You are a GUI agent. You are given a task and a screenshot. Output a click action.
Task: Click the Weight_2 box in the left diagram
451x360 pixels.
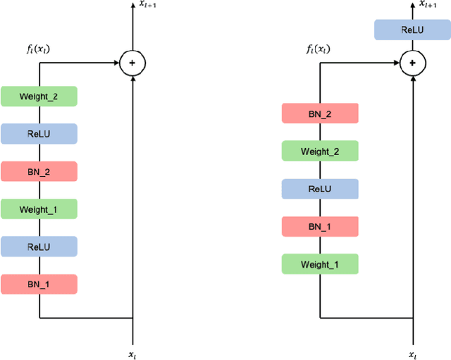39,96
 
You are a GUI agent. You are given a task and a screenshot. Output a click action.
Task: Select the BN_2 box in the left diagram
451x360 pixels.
39,171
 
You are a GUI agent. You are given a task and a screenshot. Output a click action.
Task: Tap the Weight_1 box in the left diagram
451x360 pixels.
39,209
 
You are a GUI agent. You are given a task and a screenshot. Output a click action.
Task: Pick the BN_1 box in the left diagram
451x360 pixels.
39,284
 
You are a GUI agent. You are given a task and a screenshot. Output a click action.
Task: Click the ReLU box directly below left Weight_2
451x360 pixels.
39,134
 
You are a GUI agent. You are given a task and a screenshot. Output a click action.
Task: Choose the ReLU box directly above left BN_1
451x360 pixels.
39,247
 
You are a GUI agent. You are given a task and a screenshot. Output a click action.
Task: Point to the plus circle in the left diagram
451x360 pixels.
132,63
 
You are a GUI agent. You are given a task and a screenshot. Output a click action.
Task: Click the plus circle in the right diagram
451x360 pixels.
412,63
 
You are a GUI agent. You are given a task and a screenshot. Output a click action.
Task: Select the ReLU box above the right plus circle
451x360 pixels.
412,30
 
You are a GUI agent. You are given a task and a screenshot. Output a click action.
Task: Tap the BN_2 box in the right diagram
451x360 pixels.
320,113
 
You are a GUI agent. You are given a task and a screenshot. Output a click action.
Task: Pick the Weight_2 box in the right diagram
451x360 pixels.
320,151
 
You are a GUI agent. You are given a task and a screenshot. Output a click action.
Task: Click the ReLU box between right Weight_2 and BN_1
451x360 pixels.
320,189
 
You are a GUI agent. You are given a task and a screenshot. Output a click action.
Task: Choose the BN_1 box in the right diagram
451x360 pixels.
320,226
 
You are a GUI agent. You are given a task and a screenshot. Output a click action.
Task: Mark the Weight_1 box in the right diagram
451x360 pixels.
320,264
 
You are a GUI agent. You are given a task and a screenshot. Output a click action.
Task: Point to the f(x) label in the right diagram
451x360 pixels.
319,49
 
